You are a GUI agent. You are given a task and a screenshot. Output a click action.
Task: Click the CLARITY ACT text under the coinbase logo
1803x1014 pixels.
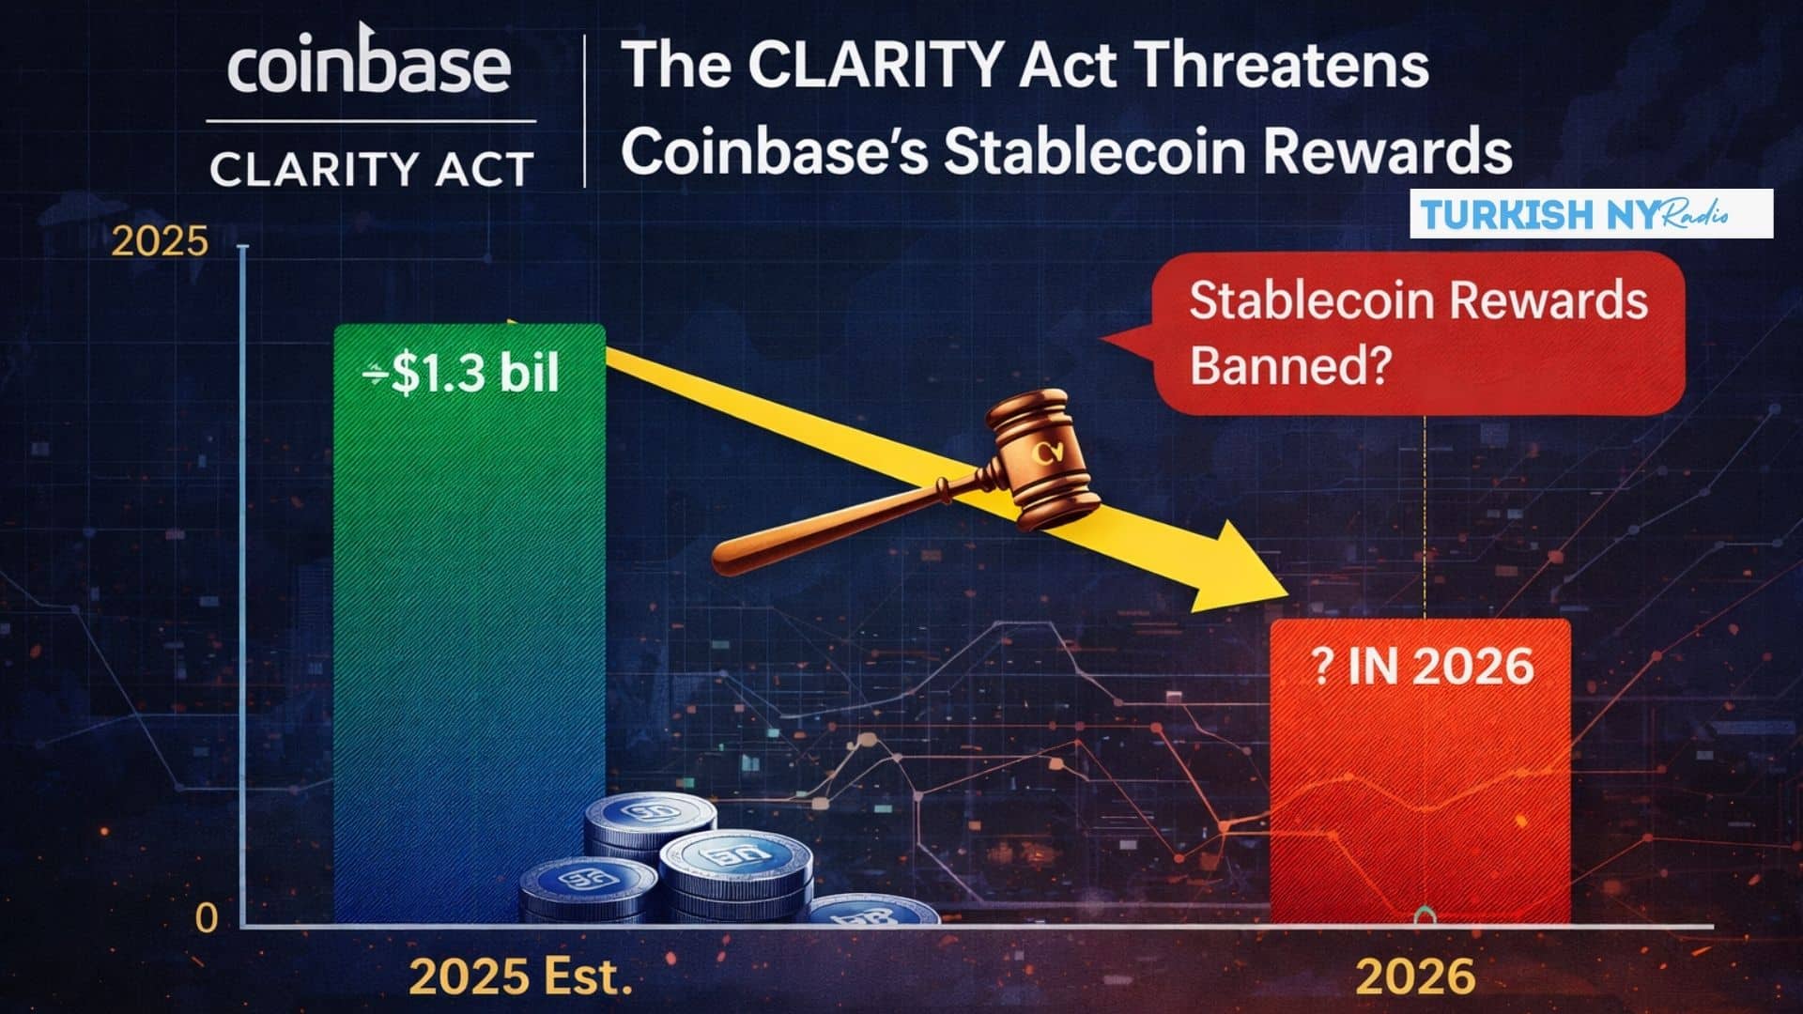[371, 170]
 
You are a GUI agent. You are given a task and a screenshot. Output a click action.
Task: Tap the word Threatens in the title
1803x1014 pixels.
[1283, 66]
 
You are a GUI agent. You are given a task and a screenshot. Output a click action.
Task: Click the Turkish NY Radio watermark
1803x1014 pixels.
[1590, 214]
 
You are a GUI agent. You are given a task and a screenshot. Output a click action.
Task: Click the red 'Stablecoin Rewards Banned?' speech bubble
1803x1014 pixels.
[1418, 333]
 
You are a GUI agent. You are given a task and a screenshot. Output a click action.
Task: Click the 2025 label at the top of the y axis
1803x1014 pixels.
[160, 242]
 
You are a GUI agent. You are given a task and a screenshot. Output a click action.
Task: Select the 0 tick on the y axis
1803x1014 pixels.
[206, 917]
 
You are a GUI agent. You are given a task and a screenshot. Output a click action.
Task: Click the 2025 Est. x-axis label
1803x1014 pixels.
[520, 977]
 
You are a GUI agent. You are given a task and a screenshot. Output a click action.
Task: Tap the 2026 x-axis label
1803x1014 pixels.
[1416, 977]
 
